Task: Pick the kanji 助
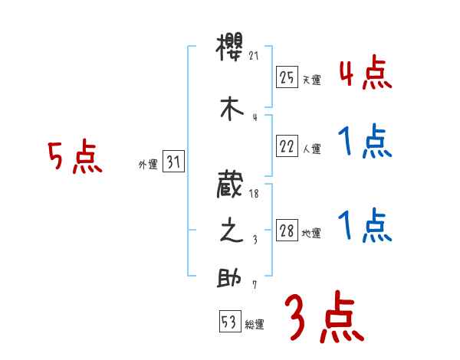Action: [231, 277]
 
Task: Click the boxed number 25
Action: [287, 77]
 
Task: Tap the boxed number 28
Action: [287, 231]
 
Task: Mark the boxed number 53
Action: [229, 322]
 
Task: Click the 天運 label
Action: [311, 80]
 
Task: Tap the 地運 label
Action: [311, 234]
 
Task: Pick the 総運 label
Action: [255, 325]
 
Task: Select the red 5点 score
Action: [74, 157]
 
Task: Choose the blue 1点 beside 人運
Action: [365, 142]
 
